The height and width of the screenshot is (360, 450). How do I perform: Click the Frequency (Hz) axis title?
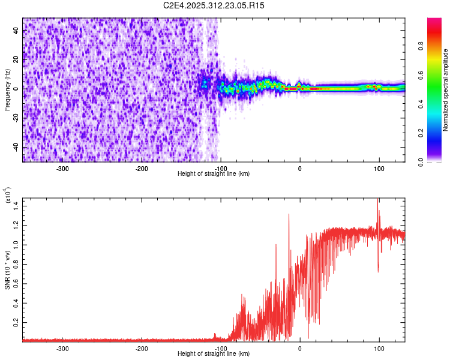(7, 90)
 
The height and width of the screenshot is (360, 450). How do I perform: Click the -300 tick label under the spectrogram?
(63, 169)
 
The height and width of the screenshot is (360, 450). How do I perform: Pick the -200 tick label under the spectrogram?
(142, 169)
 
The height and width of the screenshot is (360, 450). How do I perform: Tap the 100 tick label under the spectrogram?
(379, 169)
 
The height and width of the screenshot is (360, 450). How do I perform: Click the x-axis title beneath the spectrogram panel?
(214, 173)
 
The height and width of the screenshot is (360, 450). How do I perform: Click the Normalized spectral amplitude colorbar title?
(446, 90)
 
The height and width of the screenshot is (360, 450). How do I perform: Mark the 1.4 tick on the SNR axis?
(17, 206)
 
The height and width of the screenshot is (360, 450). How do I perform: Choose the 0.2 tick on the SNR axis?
(17, 322)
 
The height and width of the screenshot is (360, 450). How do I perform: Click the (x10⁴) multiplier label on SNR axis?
(7, 196)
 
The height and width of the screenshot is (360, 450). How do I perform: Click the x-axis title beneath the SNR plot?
(214, 353)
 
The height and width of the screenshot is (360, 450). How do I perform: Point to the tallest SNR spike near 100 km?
(377, 200)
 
